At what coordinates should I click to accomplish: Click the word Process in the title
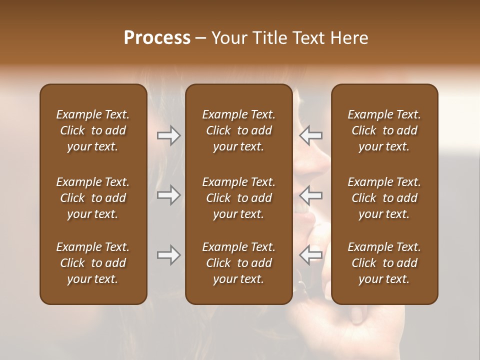pyautogui.click(x=157, y=38)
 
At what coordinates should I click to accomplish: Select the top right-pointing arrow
pyautogui.click(x=168, y=135)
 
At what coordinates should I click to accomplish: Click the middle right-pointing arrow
pyautogui.click(x=168, y=195)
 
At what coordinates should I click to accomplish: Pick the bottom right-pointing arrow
pyautogui.click(x=168, y=255)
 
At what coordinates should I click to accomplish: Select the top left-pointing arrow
pyautogui.click(x=311, y=135)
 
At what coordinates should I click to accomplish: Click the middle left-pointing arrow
pyautogui.click(x=311, y=195)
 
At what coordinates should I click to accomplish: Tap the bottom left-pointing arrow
pyautogui.click(x=311, y=254)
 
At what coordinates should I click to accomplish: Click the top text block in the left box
pyautogui.click(x=93, y=130)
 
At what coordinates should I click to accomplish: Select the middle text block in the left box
pyautogui.click(x=93, y=198)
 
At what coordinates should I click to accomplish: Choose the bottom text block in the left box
pyautogui.click(x=93, y=263)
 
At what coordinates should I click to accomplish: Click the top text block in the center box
pyautogui.click(x=239, y=130)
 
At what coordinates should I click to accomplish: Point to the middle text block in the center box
pyautogui.click(x=239, y=198)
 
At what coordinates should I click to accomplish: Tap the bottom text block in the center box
pyautogui.click(x=239, y=263)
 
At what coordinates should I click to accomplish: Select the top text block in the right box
pyautogui.click(x=384, y=130)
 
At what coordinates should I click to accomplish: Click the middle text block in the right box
pyautogui.click(x=384, y=198)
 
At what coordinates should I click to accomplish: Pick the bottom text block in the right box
pyautogui.click(x=384, y=263)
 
